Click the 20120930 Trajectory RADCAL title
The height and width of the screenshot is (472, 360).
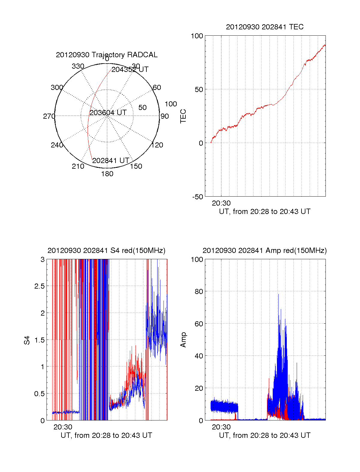(106, 55)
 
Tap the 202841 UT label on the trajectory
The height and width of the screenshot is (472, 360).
(111, 160)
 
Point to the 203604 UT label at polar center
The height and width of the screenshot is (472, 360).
(108, 112)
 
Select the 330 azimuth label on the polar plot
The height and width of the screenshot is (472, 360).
(78, 66)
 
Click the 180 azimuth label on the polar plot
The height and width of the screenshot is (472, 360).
(107, 174)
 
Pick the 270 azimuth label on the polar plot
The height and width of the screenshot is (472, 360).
(49, 116)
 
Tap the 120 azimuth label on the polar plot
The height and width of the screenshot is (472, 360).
(157, 145)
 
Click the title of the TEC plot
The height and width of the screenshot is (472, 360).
(265, 27)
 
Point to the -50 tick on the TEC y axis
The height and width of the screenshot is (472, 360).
(197, 197)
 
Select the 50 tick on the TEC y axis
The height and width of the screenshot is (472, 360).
(199, 89)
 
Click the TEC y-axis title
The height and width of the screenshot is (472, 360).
(183, 116)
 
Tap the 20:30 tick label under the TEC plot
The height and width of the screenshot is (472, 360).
(221, 203)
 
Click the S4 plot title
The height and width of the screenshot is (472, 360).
(106, 251)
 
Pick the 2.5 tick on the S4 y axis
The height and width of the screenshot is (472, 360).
(40, 286)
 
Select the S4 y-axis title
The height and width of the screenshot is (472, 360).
(27, 340)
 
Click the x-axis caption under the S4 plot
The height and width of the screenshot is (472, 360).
(106, 435)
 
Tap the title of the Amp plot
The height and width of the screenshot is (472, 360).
(265, 251)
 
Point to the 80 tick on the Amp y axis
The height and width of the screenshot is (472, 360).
(199, 292)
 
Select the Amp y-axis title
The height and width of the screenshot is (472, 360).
(183, 340)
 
